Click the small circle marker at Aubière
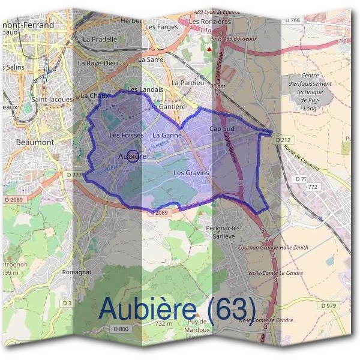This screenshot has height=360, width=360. tap(133, 156)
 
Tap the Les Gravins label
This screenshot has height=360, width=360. tap(191, 173)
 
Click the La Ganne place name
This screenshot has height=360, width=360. tap(167, 136)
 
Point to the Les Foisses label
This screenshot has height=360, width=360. tap(127, 136)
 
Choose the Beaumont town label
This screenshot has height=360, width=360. tap(36, 142)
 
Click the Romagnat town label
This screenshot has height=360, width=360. tap(77, 272)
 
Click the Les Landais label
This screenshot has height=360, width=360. tap(141, 89)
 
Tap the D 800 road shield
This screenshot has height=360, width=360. tap(121, 329)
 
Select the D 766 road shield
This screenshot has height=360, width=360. tap(292, 20)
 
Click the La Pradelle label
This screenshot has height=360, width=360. tap(100, 39)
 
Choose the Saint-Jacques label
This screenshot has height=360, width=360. tap(52, 99)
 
